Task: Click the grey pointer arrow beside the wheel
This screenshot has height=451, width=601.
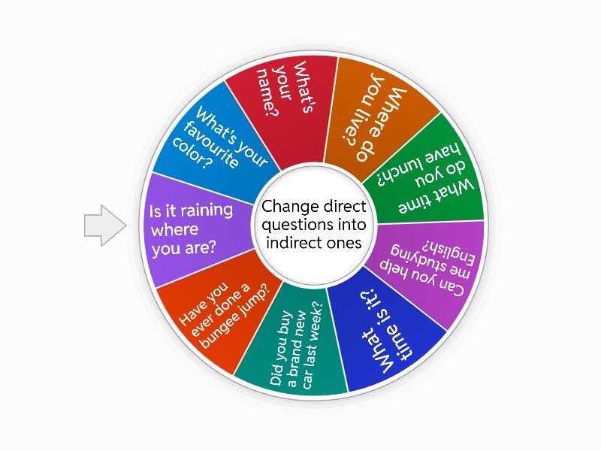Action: coord(105,225)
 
